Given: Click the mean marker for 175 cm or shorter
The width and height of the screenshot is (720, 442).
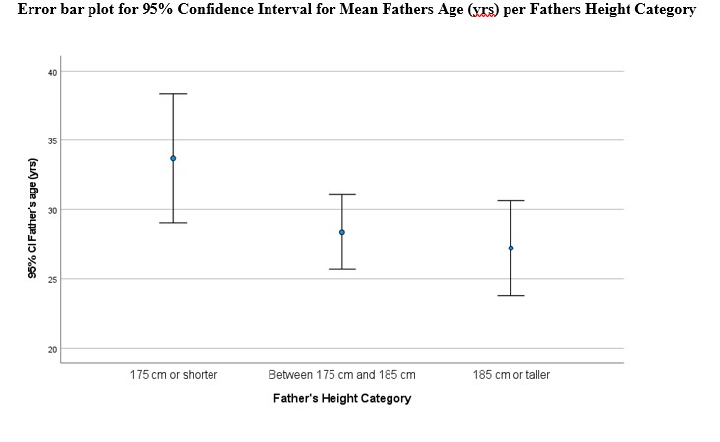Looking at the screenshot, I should [x=173, y=158].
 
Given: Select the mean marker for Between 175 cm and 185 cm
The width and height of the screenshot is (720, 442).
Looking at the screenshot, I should [x=342, y=232].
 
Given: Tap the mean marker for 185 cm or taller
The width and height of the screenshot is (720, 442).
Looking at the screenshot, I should [x=510, y=248].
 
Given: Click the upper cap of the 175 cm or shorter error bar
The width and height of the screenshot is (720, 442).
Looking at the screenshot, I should [x=173, y=94].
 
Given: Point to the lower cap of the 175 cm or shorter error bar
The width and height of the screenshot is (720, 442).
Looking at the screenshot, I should [x=173, y=223].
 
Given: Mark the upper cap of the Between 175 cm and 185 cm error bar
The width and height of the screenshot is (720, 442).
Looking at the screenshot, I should [x=342, y=195].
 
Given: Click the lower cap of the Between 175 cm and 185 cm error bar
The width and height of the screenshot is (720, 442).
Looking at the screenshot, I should [x=342, y=269].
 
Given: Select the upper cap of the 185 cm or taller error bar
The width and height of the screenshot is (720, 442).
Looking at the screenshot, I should [x=510, y=201].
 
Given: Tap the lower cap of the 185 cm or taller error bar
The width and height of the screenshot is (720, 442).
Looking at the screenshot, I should [x=510, y=295].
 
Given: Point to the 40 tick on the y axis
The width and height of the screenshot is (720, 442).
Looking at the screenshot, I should [x=53, y=72].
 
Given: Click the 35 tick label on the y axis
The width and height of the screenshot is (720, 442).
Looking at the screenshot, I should [x=53, y=141].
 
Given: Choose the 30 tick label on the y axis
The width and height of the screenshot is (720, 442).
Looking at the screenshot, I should [x=53, y=210].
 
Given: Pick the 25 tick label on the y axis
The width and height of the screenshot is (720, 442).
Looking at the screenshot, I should [x=53, y=280].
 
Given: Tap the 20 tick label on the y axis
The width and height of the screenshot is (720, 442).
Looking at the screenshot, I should [x=53, y=349].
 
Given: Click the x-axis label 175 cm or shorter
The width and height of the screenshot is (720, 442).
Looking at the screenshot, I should [x=173, y=375].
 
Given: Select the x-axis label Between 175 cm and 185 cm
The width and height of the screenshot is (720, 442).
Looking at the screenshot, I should [x=342, y=375].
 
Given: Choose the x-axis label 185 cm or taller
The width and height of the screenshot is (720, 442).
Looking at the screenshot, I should [x=510, y=375].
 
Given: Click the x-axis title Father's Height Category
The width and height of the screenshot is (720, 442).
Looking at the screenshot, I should [x=342, y=399].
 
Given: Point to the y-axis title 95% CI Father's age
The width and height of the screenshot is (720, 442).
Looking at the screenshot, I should [x=32, y=219].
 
